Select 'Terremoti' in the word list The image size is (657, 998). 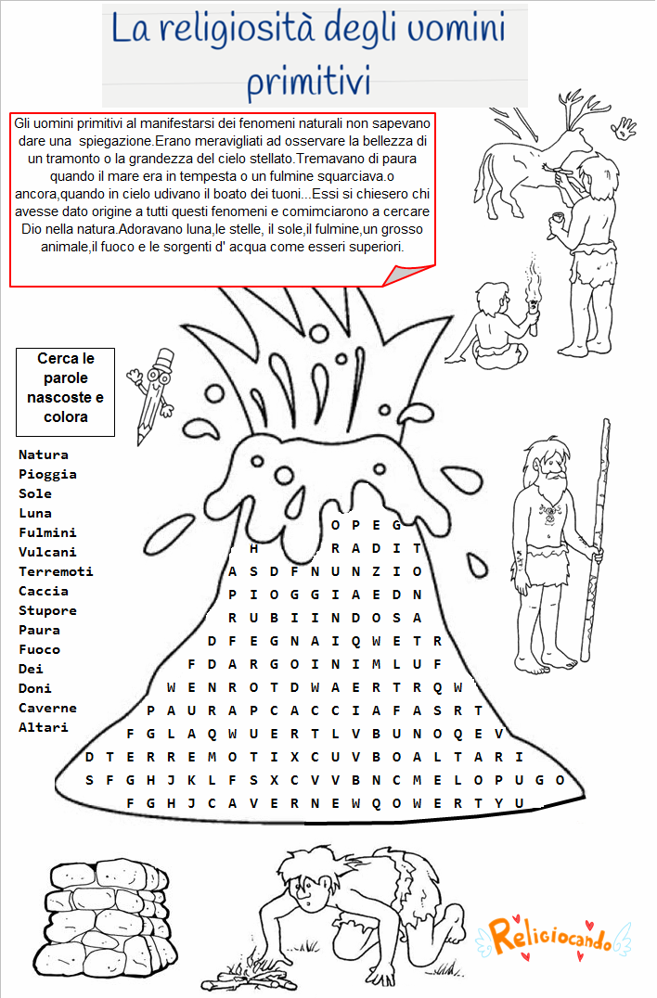click(56, 571)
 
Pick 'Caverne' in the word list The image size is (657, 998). click(47, 708)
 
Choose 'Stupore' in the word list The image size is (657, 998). click(47, 610)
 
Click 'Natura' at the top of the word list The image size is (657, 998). click(44, 454)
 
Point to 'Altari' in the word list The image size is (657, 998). click(44, 727)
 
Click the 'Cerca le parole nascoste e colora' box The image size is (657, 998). click(65, 391)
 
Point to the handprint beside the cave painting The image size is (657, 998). click(625, 129)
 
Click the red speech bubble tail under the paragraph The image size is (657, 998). click(401, 275)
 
